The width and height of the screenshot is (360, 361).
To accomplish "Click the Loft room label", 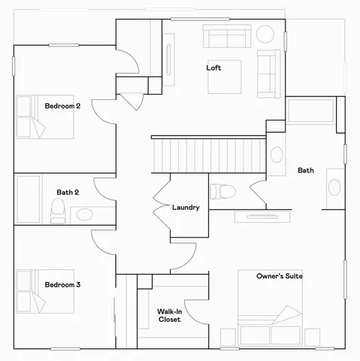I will [213, 68].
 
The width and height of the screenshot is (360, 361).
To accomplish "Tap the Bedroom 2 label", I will [62, 106].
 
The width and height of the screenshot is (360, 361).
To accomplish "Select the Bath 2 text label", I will [68, 193].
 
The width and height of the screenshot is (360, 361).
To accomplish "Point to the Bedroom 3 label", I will [62, 285].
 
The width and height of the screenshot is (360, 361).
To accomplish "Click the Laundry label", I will [186, 208].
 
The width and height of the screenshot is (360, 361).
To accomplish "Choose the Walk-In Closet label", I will [169, 315].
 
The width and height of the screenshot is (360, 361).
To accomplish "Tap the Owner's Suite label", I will [279, 277].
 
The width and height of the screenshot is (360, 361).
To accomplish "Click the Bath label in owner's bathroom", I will [306, 171].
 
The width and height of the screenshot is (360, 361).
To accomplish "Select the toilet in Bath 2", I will [59, 212].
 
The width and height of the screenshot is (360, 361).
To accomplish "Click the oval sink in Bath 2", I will [84, 215].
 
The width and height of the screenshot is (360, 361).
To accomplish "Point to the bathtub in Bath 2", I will [29, 199].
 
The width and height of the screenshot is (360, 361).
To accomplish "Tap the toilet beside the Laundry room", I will [221, 191].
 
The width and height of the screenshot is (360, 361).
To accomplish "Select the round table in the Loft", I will [265, 34].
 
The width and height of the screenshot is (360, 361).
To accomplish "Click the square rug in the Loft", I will [225, 77].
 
